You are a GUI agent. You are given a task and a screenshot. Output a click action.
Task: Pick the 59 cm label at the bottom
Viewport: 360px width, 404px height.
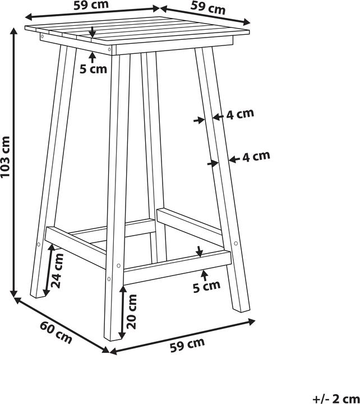coord(188,346)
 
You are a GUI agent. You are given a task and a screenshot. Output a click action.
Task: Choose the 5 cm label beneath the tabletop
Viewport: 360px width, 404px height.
coord(93,69)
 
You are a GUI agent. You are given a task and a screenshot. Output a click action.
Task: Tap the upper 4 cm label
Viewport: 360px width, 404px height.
coord(240,114)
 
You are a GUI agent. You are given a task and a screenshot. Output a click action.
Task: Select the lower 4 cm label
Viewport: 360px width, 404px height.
coord(256,157)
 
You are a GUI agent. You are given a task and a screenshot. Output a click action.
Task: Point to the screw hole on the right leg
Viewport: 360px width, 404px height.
coord(236,244)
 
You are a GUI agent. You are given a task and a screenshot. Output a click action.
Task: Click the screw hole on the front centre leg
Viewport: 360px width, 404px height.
coord(118,265)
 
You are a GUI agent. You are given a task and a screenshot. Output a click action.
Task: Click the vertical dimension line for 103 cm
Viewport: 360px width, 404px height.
coord(13,163)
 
